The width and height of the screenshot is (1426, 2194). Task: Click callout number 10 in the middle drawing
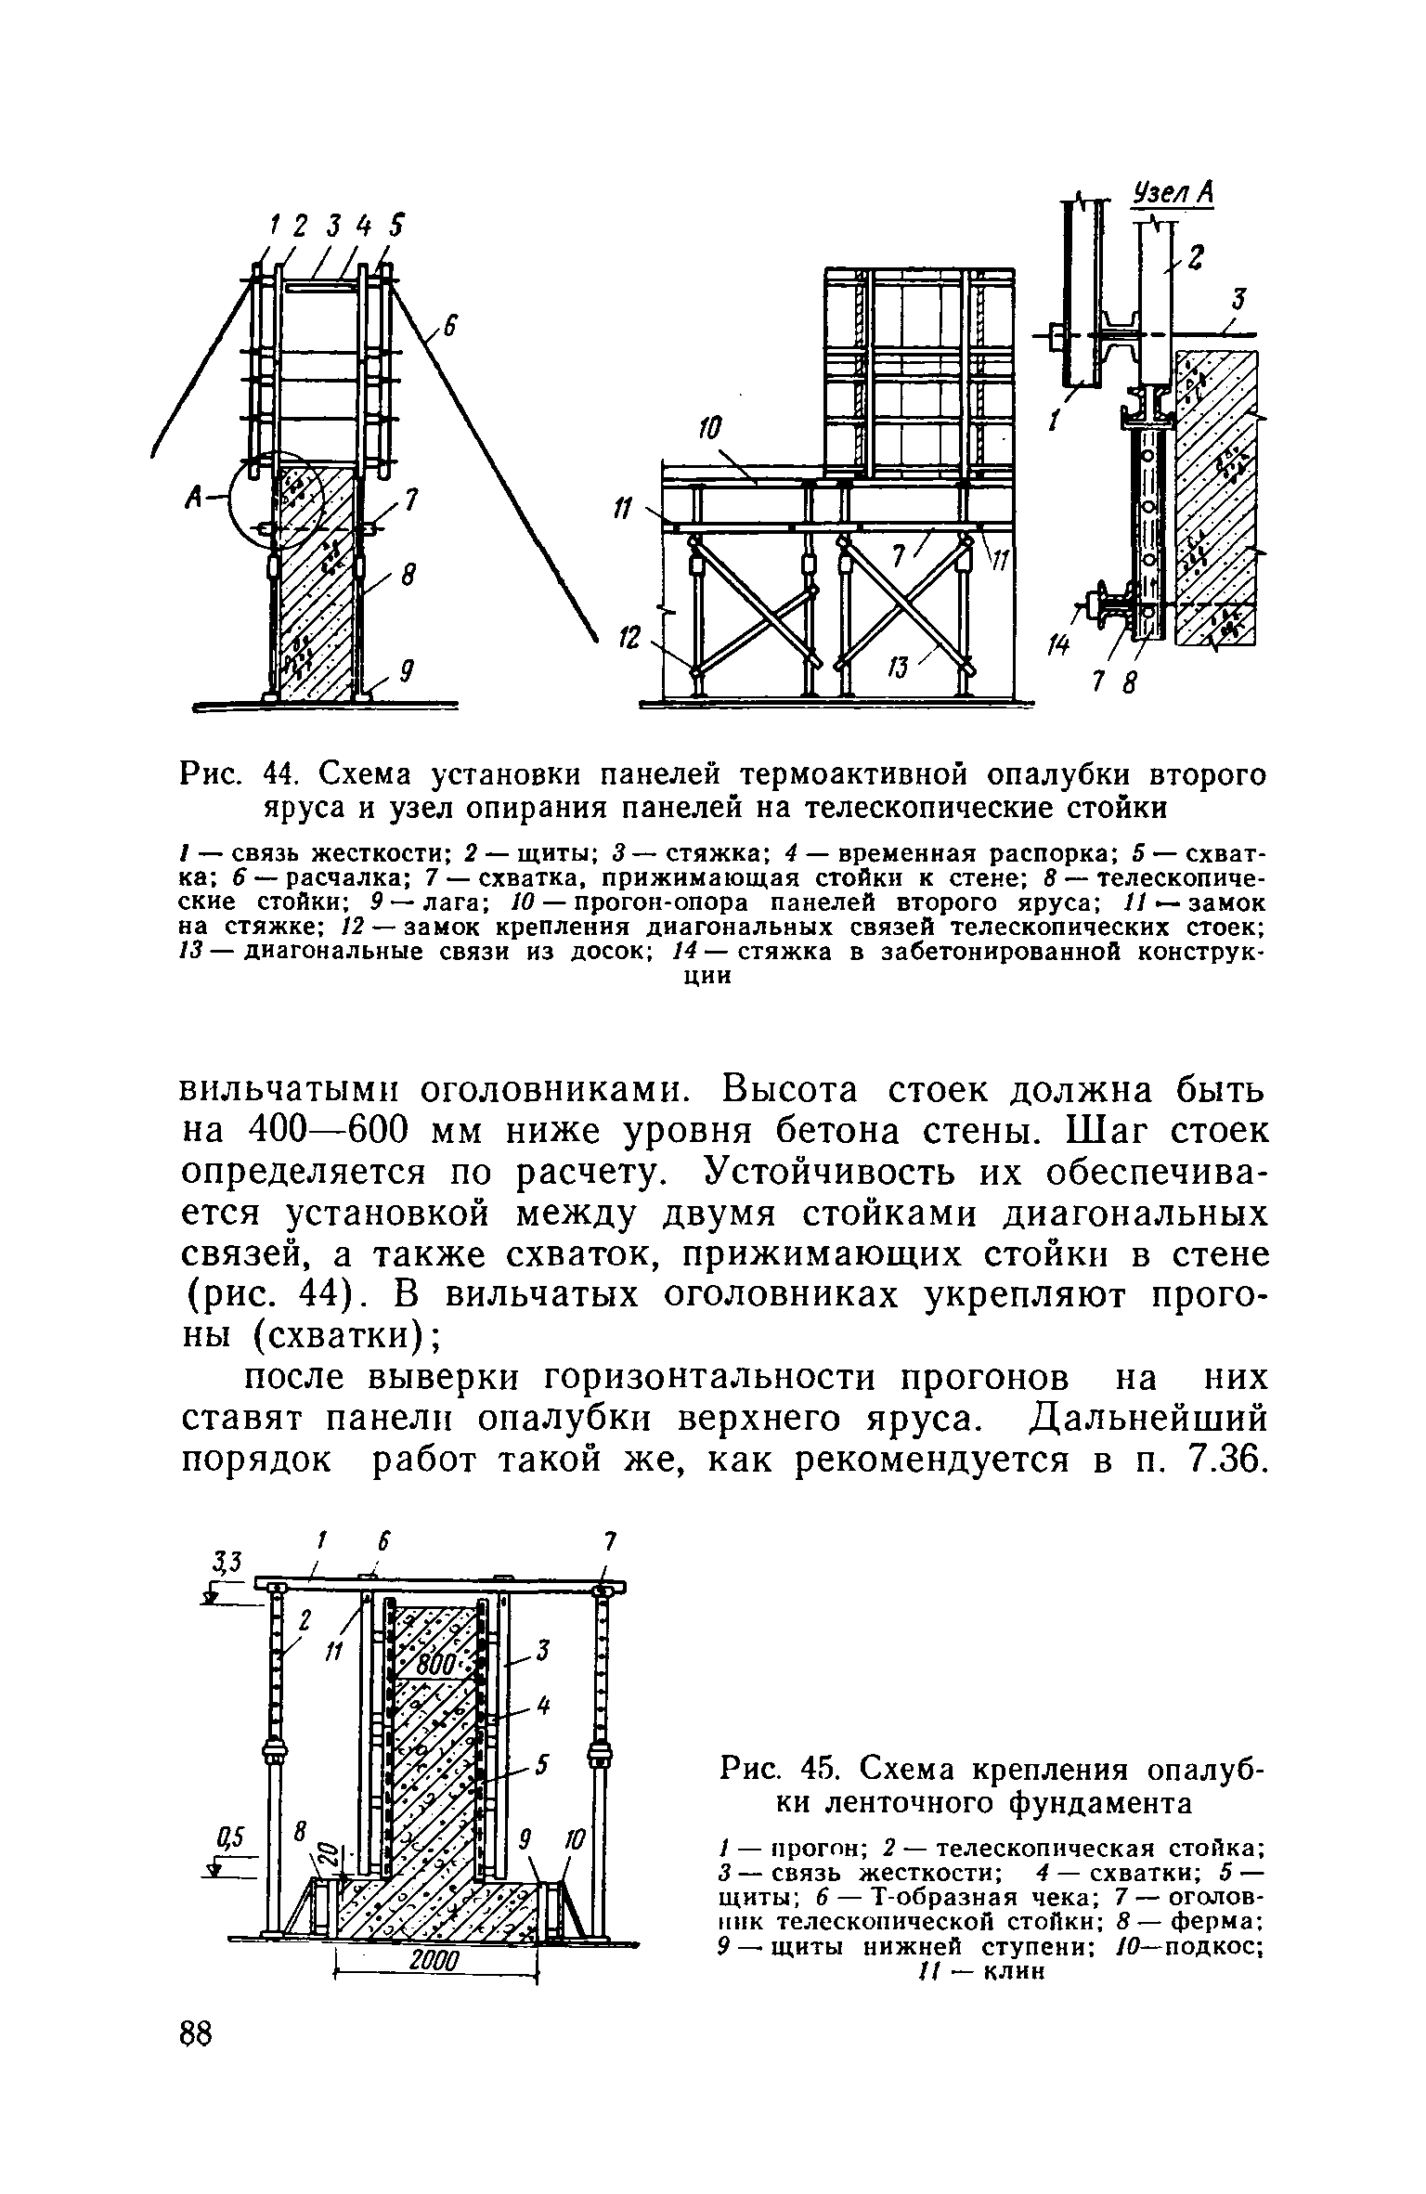[x=710, y=430]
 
